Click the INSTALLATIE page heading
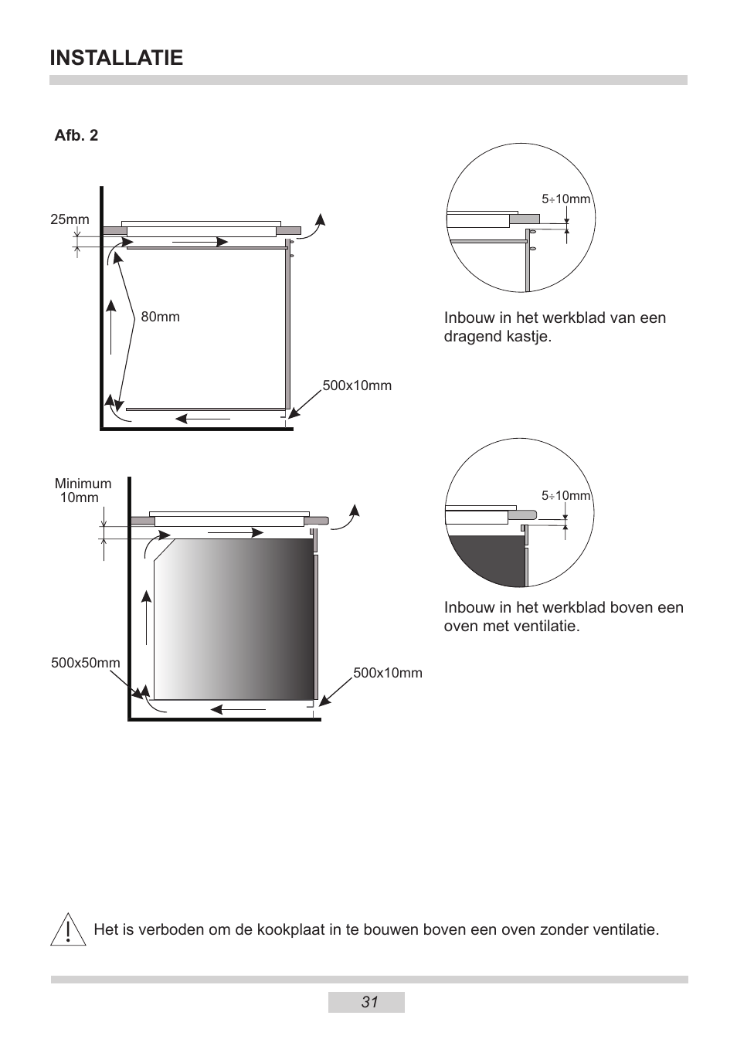click(x=116, y=58)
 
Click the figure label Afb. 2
click(x=76, y=136)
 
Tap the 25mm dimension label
click(x=70, y=219)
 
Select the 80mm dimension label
click(x=160, y=318)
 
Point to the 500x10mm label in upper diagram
click(x=356, y=386)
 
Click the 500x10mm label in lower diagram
click(x=387, y=673)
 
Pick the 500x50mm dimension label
click(x=85, y=663)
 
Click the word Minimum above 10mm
click(x=83, y=484)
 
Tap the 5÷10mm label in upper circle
click(x=565, y=199)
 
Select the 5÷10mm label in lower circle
click(x=565, y=496)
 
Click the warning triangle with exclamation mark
click(x=68, y=930)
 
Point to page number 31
click(x=368, y=1002)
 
